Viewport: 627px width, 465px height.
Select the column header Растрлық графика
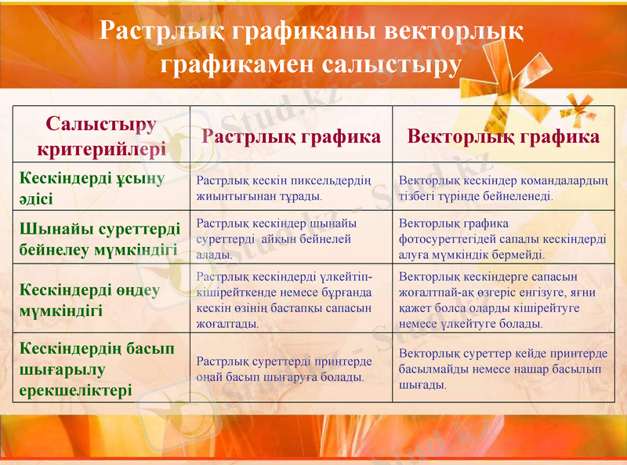pyautogui.click(x=292, y=136)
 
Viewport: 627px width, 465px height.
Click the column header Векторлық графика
pyautogui.click(x=504, y=136)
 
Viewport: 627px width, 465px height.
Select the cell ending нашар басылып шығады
pyautogui.click(x=503, y=369)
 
